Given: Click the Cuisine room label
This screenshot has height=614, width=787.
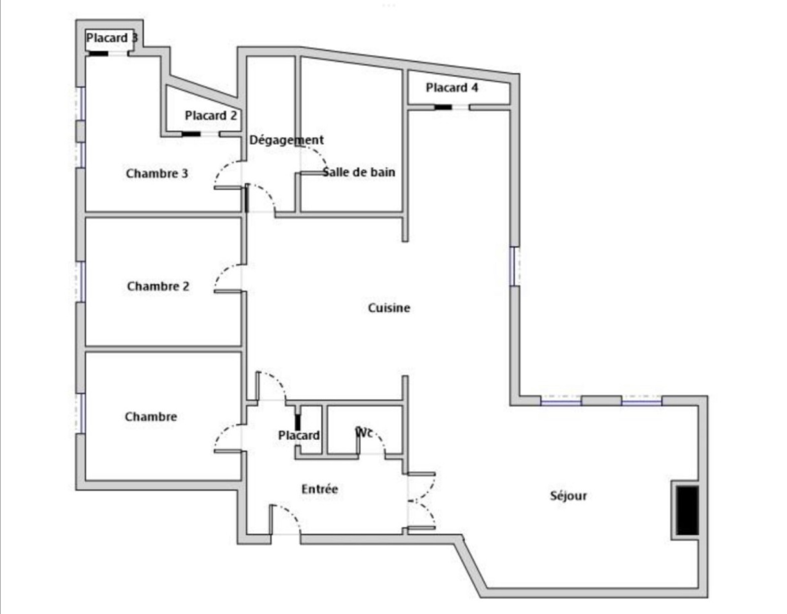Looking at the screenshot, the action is [x=389, y=308].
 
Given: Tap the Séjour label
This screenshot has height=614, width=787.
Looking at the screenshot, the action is [x=568, y=495].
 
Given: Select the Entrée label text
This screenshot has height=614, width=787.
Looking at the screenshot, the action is [x=319, y=489].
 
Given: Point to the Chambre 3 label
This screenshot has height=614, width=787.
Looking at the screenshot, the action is [x=157, y=174].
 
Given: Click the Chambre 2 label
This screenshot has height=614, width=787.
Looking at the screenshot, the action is [x=158, y=286].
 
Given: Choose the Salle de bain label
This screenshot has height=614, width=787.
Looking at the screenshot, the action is [x=359, y=172].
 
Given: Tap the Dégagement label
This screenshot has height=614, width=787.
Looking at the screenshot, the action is [x=286, y=140].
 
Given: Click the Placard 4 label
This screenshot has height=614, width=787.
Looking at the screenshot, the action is [x=452, y=88].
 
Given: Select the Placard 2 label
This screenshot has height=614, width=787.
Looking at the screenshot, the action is [x=211, y=116].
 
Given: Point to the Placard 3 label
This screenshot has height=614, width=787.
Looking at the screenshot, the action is [x=112, y=38].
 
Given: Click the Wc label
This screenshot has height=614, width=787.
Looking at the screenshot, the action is [x=364, y=432].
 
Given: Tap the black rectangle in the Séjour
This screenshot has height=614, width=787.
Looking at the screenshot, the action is [x=687, y=510].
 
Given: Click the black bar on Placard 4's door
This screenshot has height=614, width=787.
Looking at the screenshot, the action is [x=443, y=107].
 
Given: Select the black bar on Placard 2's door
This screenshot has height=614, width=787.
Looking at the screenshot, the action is [x=191, y=134].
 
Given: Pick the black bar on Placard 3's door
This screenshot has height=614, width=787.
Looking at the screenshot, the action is [x=98, y=54].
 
